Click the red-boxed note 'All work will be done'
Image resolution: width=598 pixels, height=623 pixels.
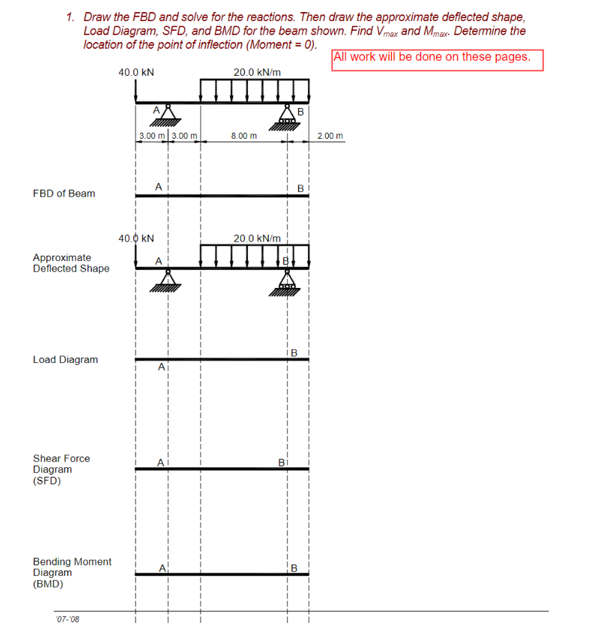click(x=437, y=58)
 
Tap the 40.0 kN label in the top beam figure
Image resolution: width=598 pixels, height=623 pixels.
click(x=136, y=73)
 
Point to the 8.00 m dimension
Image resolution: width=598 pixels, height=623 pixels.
click(x=244, y=136)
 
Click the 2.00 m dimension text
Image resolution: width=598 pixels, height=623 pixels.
click(x=330, y=136)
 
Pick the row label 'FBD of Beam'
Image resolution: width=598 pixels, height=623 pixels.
click(x=64, y=193)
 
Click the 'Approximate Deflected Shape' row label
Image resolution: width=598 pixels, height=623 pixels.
click(x=70, y=263)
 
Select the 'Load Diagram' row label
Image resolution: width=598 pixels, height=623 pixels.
click(x=65, y=360)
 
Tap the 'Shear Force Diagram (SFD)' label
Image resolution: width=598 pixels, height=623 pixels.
click(x=61, y=469)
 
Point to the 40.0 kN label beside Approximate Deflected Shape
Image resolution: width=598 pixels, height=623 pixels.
click(x=136, y=238)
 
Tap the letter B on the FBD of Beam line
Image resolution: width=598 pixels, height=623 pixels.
click(x=300, y=188)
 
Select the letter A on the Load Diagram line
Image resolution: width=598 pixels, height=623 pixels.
click(x=160, y=367)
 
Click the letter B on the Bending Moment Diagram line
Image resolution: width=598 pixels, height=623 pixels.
click(x=294, y=568)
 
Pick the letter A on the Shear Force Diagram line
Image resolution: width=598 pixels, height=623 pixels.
click(x=160, y=463)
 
